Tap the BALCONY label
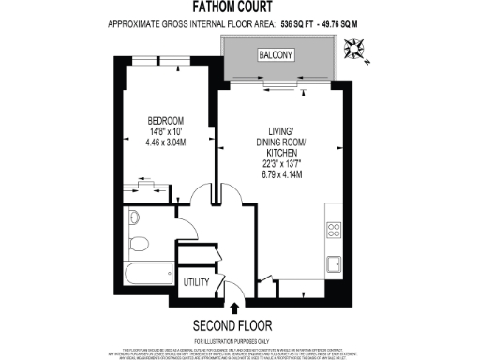[x=278, y=56]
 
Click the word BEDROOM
[x=165, y=121]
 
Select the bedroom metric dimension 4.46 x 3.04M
[x=165, y=143]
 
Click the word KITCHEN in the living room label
[x=281, y=151]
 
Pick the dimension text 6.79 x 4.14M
[x=281, y=173]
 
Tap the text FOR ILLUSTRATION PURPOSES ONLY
[x=239, y=340]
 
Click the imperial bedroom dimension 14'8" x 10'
[x=165, y=132]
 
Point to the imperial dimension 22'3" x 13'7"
[x=281, y=162]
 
